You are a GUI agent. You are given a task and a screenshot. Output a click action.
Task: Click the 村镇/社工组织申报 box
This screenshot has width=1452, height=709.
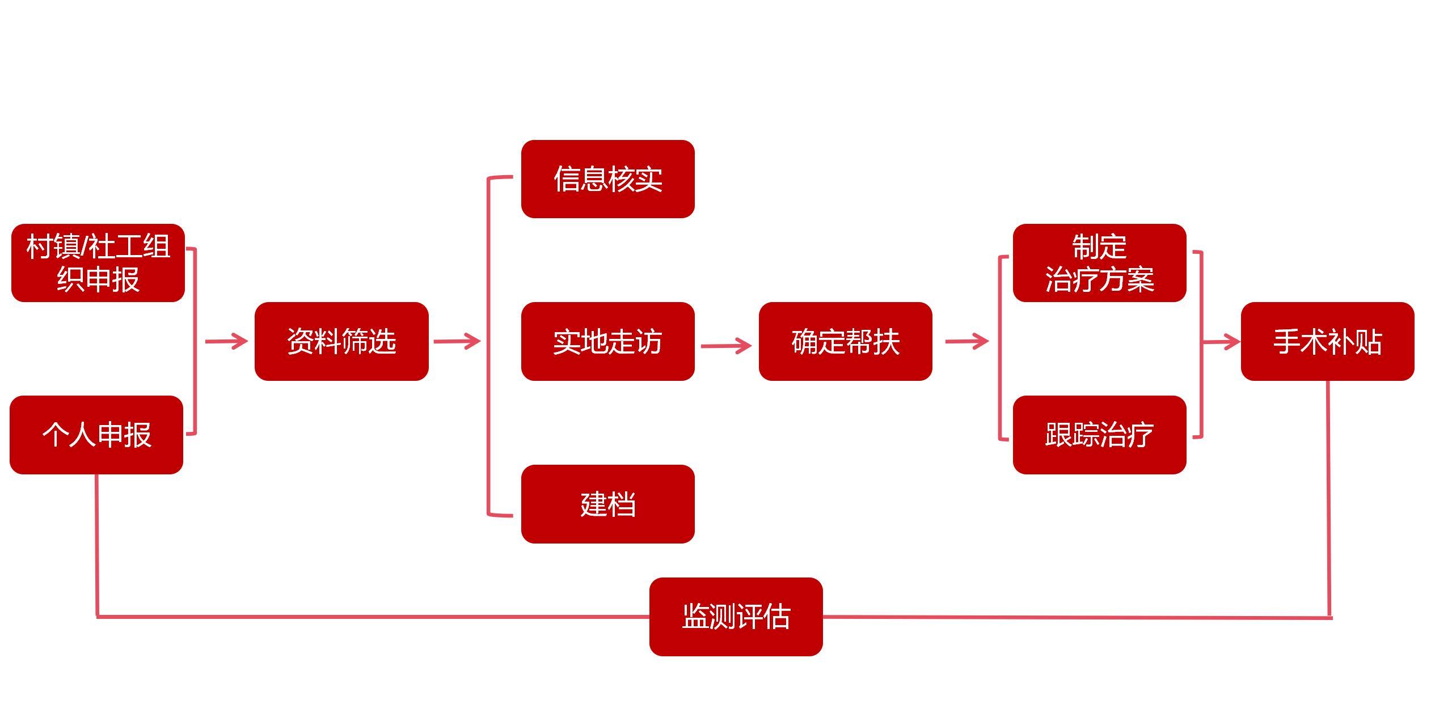[x=98, y=263]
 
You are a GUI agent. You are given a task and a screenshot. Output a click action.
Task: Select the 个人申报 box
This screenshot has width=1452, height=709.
[x=96, y=435]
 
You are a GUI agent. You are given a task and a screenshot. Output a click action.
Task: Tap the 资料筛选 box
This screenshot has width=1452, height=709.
[x=341, y=341]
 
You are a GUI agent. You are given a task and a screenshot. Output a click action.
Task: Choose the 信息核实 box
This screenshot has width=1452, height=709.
[x=607, y=179]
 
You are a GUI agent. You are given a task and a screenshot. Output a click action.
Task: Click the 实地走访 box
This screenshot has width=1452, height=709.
[x=607, y=341]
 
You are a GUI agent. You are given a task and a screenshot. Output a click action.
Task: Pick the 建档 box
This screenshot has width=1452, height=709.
[x=607, y=504]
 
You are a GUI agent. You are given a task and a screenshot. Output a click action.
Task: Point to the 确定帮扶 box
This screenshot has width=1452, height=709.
[x=845, y=341]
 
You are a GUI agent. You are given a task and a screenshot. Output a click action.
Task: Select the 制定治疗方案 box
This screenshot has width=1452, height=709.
[x=1099, y=263]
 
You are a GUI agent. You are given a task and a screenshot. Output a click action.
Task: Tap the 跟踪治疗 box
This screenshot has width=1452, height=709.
[x=1099, y=435]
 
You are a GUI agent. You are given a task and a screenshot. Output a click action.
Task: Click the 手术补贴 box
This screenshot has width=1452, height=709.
[x=1327, y=341]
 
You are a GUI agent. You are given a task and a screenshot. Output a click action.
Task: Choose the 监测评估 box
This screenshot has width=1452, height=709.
[x=736, y=617]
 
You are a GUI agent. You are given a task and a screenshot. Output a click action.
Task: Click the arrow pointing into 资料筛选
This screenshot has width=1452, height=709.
[x=226, y=341]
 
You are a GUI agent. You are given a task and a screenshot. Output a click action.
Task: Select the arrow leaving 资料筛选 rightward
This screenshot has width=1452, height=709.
[x=457, y=341]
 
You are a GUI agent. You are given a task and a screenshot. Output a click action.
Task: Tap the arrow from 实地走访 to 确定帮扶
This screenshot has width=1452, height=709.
[x=726, y=345]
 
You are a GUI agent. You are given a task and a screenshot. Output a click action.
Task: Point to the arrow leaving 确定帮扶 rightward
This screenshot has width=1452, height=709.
[x=966, y=341]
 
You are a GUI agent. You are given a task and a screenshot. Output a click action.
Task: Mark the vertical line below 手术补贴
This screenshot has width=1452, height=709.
[x=1329, y=499]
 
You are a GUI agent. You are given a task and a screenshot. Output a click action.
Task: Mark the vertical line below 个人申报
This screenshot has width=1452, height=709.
[x=97, y=544]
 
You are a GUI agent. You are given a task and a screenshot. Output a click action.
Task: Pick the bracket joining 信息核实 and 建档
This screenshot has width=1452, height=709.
[x=488, y=346]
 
